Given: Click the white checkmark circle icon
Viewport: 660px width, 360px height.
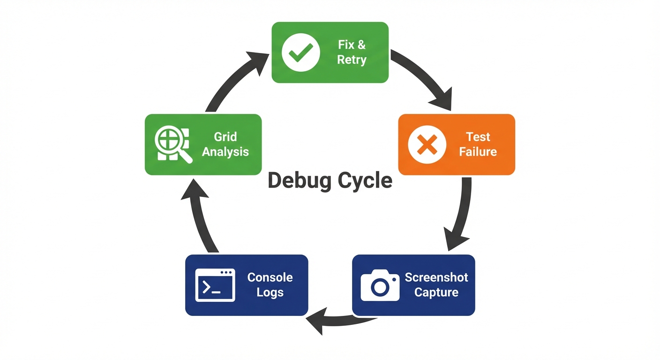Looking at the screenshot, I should (300, 52).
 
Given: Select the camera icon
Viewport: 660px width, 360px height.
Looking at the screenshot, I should (380, 285).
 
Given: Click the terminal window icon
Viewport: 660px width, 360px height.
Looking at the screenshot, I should (215, 285).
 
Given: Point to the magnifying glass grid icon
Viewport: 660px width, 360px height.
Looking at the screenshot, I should (172, 144).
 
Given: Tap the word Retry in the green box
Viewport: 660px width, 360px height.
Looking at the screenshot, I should (352, 60).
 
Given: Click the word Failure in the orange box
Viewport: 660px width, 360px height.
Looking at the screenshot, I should (478, 152).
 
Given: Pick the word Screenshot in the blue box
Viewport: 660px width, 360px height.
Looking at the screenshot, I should (436, 277).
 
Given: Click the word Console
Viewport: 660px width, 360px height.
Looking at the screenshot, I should (270, 277).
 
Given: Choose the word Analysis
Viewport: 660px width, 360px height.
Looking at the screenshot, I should (225, 152).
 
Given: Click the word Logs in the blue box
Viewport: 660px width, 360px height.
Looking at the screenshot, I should (270, 292).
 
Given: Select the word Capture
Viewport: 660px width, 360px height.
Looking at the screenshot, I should (436, 292).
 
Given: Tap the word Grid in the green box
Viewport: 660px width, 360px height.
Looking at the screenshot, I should (225, 137).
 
